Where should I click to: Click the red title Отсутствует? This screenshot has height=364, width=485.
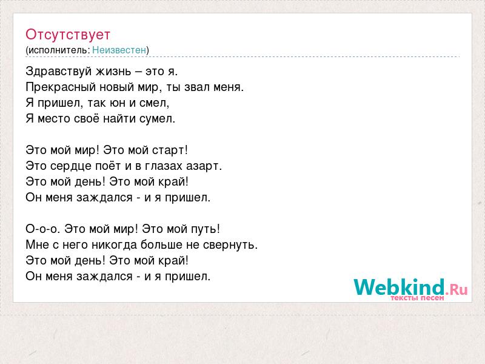coord(68,35)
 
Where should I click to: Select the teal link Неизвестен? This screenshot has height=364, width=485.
coord(119,50)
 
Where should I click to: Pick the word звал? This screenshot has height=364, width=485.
coord(196,87)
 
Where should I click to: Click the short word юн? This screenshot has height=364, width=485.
coord(118,103)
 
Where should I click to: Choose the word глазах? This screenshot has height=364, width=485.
coord(164,166)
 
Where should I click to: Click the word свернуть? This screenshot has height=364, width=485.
coord(230,245)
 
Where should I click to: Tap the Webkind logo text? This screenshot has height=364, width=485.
coord(399,287)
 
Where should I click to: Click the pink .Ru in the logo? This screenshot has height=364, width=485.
coord(457,290)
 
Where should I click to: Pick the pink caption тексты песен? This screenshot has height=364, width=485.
coord(417,298)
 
